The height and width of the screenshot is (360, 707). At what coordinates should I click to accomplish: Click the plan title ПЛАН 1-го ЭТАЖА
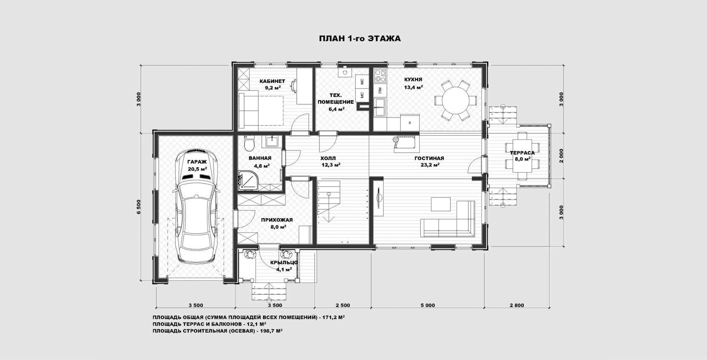click(x=360, y=39)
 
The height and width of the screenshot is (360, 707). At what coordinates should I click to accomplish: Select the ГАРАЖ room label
click(x=197, y=162)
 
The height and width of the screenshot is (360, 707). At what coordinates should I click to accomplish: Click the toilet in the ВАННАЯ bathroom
click(x=249, y=144)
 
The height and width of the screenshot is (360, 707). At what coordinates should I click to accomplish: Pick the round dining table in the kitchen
click(x=455, y=100)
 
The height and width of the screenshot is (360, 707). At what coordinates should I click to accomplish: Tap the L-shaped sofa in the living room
click(x=448, y=219)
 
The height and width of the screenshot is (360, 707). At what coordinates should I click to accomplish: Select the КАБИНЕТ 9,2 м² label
click(x=272, y=85)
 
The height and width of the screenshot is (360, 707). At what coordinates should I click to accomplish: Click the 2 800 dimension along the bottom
click(x=517, y=305)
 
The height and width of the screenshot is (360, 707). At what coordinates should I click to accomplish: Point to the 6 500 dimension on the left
click(x=139, y=207)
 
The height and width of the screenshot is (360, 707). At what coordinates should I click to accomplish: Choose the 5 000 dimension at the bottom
click(x=428, y=305)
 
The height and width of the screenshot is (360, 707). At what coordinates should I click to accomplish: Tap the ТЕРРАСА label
click(x=522, y=153)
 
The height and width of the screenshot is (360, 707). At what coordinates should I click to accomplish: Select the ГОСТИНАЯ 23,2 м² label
click(x=429, y=161)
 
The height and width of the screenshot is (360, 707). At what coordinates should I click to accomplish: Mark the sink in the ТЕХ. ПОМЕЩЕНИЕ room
click(x=345, y=72)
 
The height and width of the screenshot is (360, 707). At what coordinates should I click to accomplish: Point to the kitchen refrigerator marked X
click(x=410, y=123)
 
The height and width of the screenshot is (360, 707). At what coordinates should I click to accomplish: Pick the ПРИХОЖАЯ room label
click(x=277, y=220)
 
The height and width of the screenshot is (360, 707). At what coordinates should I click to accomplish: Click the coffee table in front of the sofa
click(x=441, y=204)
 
